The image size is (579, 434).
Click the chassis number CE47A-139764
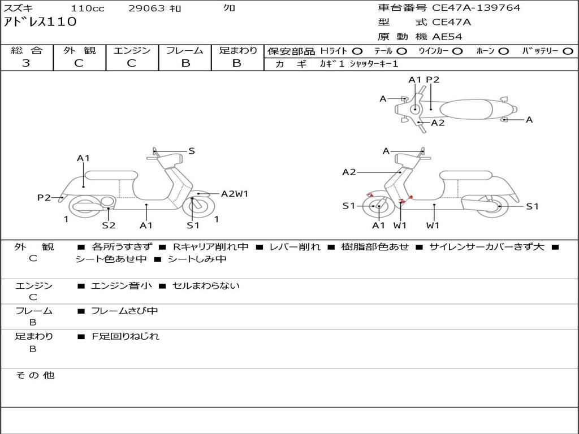(x=476, y=8)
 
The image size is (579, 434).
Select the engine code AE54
(x=447, y=37)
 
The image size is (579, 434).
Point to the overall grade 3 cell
(x=26, y=63)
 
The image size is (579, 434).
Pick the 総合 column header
(x=27, y=50)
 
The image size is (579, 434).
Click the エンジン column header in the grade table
(x=132, y=50)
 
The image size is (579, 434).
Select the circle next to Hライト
(x=357, y=51)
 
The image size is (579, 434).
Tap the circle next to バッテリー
(x=568, y=51)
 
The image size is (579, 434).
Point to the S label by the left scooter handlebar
(x=192, y=151)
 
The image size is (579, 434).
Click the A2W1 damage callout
(x=235, y=194)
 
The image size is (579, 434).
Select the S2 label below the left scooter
(x=109, y=225)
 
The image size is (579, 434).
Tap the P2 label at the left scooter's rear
(x=44, y=197)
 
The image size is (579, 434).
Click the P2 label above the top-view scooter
(x=433, y=80)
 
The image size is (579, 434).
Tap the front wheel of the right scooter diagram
(x=378, y=207)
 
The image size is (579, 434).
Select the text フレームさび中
(x=124, y=311)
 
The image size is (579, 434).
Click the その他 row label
(x=34, y=375)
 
